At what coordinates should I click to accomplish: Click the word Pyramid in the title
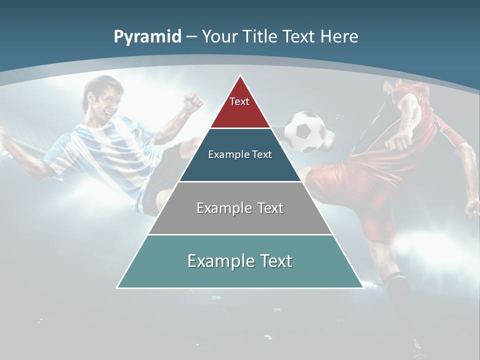point(147,37)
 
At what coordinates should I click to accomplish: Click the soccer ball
point(304,131)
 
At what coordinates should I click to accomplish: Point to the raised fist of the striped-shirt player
point(192,101)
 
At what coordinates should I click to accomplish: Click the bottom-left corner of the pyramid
point(117,287)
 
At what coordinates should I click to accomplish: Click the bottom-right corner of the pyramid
point(363,287)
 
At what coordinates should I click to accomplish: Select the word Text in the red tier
point(239,101)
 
